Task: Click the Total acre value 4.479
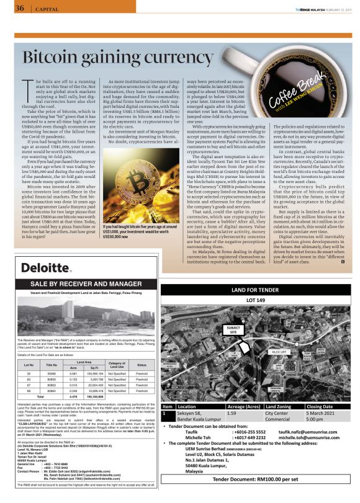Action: tap(73, 395)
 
